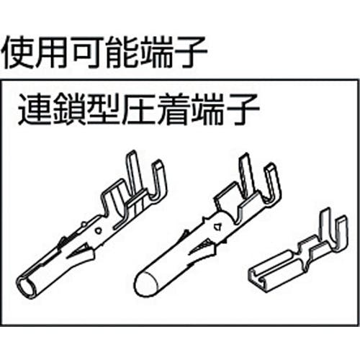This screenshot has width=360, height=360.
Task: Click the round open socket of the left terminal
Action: pyautogui.click(x=27, y=287)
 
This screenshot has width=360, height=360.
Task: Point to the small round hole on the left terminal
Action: pyautogui.click(x=98, y=231)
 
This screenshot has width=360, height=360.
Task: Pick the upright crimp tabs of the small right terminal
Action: pyautogui.click(x=333, y=228)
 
